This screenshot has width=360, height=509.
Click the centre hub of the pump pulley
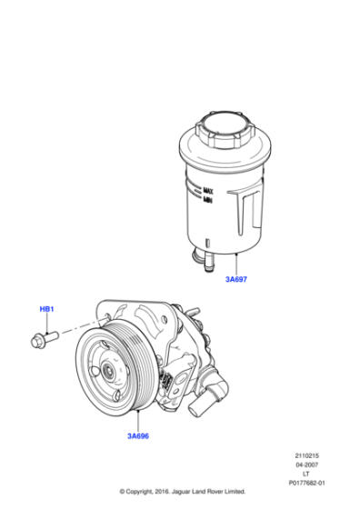(x=107, y=370)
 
